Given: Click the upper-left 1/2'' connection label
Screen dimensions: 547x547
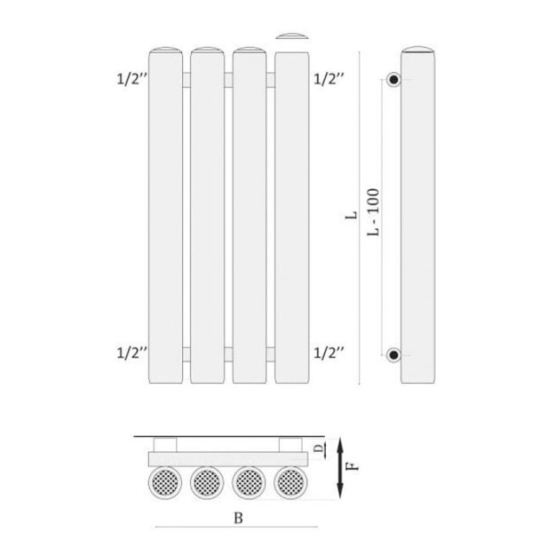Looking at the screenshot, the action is point(131,79).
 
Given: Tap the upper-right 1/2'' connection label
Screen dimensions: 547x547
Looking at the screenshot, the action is point(329,79).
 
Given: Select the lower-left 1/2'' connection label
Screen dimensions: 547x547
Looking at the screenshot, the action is point(131,353).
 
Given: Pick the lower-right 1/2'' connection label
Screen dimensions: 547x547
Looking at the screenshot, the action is point(329,353).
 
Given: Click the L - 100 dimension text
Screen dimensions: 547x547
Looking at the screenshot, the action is point(373,211).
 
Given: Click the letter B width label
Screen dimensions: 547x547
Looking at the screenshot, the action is point(238,518).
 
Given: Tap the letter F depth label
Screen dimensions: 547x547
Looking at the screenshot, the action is point(353,466).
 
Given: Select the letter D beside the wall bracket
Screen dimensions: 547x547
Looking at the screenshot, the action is point(318,448).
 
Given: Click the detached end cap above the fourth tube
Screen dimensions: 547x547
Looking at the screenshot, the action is point(291,36).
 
